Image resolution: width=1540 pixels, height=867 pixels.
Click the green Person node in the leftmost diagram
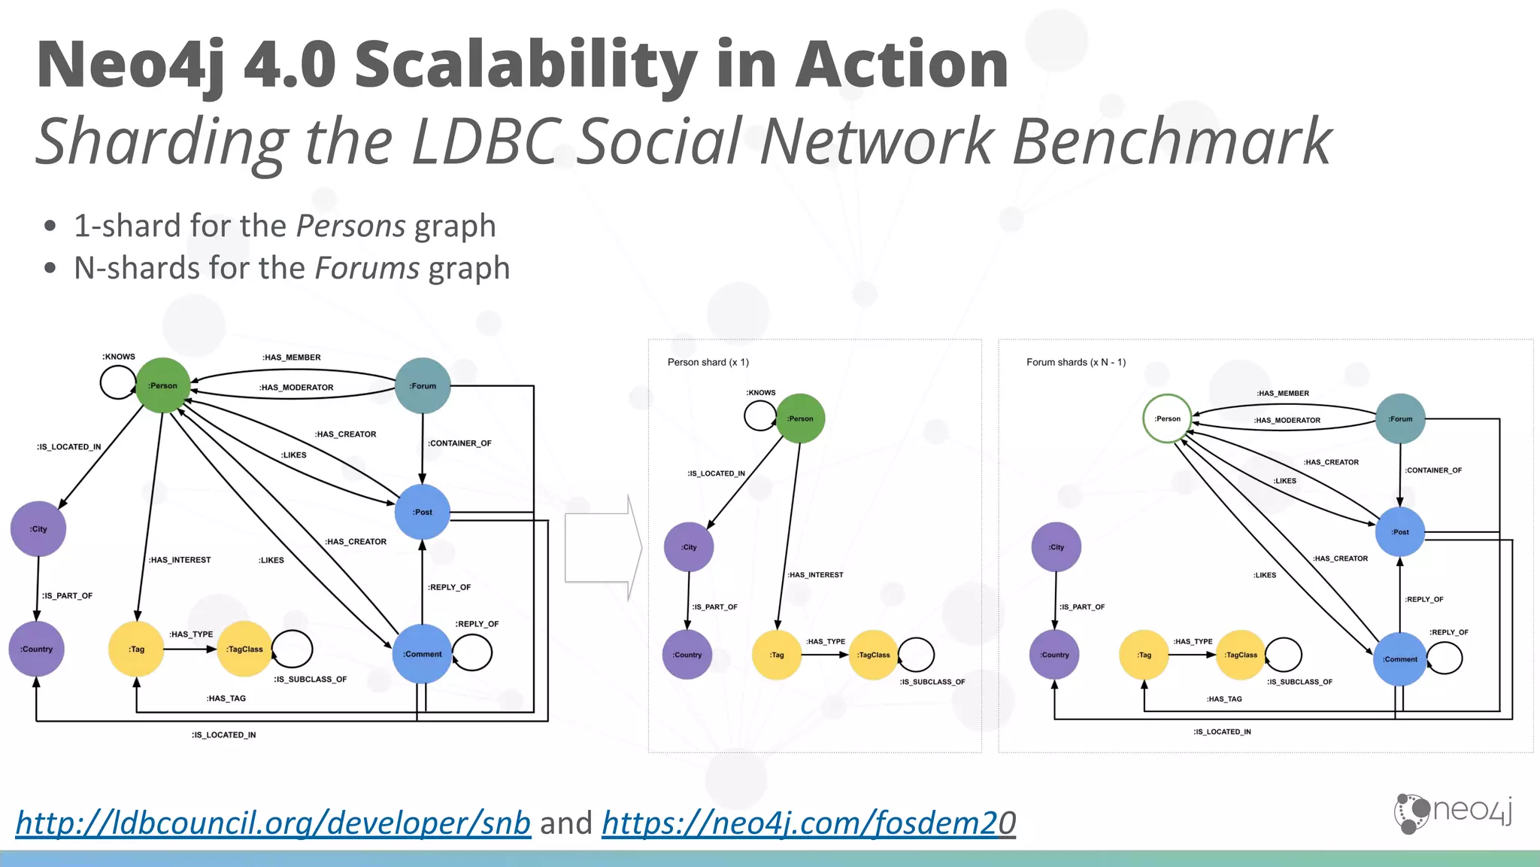click(x=162, y=385)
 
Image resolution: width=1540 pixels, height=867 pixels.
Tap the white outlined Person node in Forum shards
click(x=1167, y=418)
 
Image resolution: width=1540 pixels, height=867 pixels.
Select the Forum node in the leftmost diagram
click(x=423, y=385)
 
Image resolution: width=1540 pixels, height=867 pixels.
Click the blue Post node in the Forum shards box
click(x=1399, y=531)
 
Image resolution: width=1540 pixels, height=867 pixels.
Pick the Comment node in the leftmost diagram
click(x=423, y=654)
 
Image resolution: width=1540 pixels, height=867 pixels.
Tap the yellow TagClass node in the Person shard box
click(x=873, y=655)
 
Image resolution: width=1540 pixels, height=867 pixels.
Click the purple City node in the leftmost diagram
click(x=38, y=529)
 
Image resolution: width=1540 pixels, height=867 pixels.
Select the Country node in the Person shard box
click(x=687, y=655)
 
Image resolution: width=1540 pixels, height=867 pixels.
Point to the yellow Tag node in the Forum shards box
click(x=1144, y=655)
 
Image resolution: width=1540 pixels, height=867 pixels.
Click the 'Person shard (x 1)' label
click(x=708, y=362)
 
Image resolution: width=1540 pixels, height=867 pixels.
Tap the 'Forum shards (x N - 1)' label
click(x=1075, y=362)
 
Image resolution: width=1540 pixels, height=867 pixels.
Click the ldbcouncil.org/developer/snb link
click(x=273, y=823)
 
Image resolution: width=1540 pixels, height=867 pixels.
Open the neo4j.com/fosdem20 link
click(x=808, y=823)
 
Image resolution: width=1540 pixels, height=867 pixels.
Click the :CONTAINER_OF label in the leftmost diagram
click(x=459, y=443)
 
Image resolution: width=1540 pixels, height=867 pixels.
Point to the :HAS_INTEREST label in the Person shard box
click(x=815, y=575)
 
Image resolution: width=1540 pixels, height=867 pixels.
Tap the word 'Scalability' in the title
click(x=525, y=65)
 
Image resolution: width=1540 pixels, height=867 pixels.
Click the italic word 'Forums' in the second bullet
click(x=367, y=268)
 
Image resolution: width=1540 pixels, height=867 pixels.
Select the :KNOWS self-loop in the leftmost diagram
click(x=117, y=382)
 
